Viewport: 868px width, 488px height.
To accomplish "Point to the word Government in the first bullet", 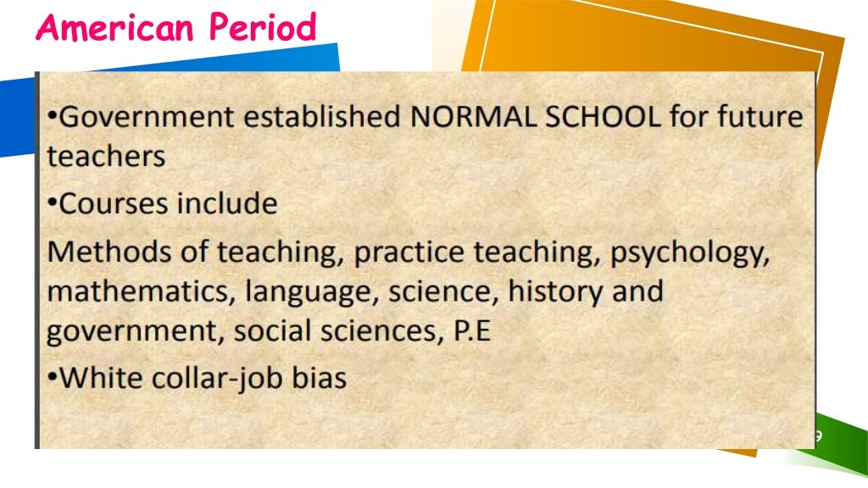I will (145, 117).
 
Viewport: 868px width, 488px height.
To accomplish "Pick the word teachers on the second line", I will (106, 156).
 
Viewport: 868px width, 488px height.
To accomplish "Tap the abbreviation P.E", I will (472, 331).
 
